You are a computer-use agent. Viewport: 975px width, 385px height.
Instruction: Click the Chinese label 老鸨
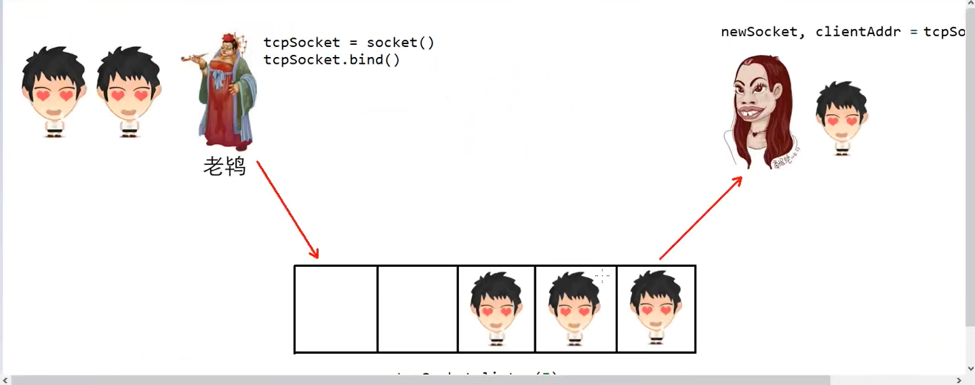coord(224,166)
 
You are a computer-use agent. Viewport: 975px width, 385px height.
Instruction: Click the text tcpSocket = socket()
coord(349,43)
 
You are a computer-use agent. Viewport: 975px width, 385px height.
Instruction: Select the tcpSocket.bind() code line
coord(332,60)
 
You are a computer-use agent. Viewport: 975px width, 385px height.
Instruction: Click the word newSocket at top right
coord(758,32)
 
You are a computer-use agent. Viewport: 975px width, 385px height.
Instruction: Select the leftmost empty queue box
coord(336,309)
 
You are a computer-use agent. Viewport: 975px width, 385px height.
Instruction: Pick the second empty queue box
coord(418,309)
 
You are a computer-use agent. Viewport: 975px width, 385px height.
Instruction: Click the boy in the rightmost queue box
coord(656,309)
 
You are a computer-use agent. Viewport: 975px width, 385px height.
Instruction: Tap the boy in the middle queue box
coord(496,309)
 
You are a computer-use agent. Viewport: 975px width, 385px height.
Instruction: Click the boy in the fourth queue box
coord(575,309)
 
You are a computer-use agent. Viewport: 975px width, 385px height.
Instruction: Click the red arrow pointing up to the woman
coord(700,218)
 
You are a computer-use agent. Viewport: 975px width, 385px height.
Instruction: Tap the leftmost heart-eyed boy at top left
coord(54,92)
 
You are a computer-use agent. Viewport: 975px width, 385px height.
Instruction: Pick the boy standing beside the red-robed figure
coord(129,92)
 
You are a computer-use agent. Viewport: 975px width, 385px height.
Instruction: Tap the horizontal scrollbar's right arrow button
coord(959,380)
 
